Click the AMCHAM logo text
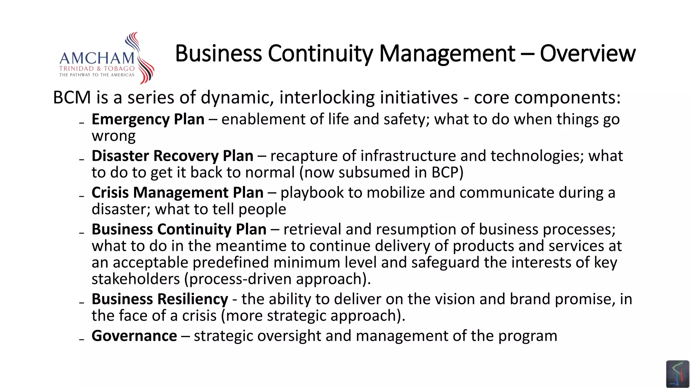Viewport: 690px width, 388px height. (97, 58)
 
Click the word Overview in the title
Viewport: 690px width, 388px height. (588, 54)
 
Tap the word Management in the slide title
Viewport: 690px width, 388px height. (447, 54)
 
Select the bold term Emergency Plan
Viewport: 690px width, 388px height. (148, 120)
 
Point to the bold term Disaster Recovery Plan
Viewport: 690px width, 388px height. (172, 156)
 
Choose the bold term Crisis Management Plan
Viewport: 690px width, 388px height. (177, 193)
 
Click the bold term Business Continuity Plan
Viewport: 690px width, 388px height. (179, 229)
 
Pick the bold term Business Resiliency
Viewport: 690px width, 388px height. (160, 299)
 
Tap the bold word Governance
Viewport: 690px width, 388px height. (134, 336)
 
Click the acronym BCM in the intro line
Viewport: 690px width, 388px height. (72, 98)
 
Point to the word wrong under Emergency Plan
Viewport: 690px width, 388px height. (114, 136)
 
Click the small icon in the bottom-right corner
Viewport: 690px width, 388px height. (677, 374)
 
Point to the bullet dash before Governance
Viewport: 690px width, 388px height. (82, 339)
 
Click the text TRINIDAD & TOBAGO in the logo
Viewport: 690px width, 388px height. (97, 69)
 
